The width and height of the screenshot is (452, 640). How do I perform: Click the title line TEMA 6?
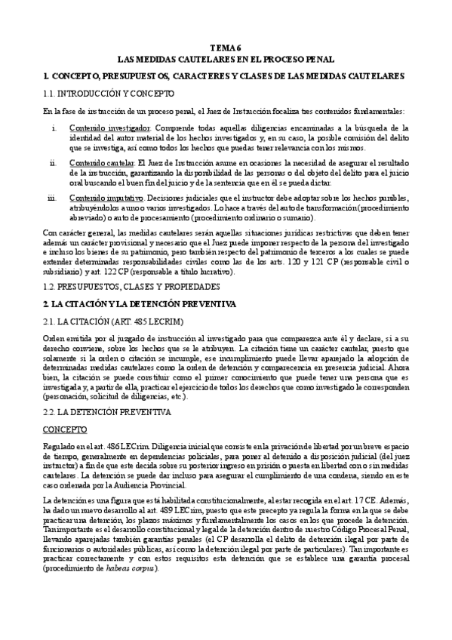(226, 47)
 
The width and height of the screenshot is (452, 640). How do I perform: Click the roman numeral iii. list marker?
(51, 198)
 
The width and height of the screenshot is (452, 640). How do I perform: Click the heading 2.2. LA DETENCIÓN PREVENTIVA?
(107, 413)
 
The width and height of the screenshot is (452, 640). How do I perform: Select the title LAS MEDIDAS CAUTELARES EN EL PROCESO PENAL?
(226, 60)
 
